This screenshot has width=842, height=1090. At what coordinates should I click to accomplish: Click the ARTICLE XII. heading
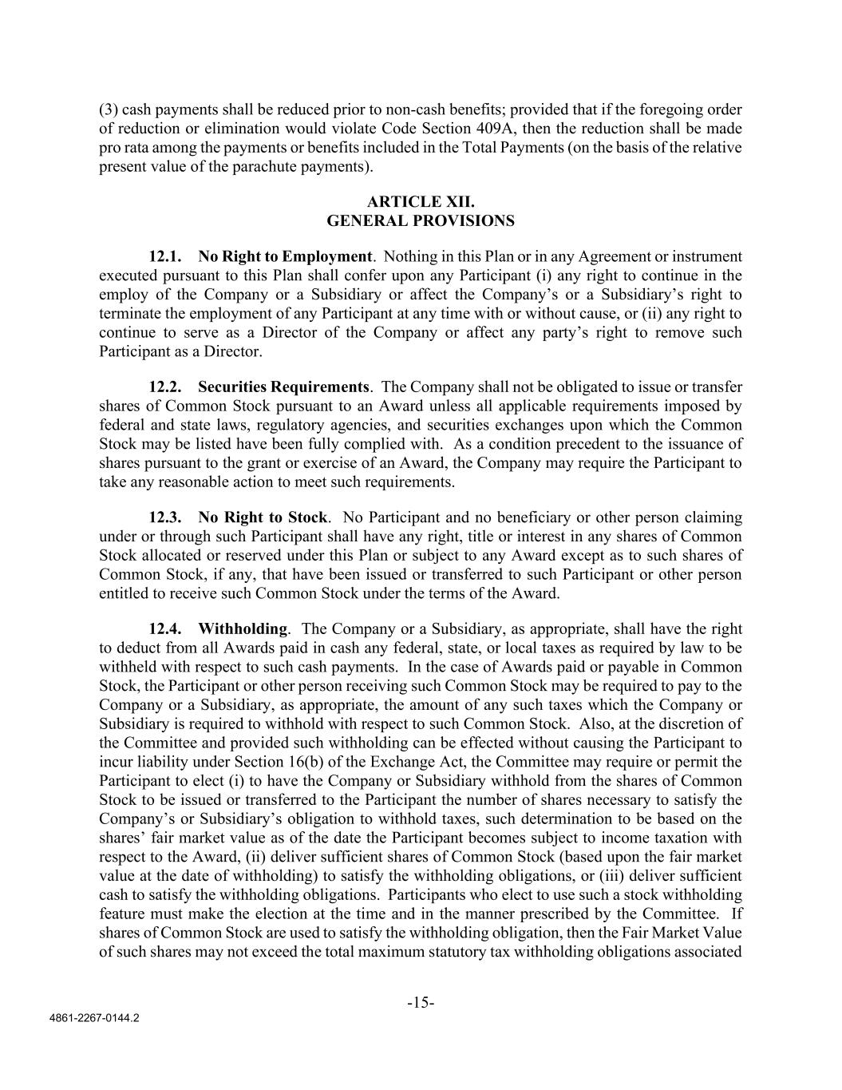tap(421, 202)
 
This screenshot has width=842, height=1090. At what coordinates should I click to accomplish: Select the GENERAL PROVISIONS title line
tap(421, 221)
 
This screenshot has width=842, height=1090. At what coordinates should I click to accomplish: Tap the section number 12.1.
tap(165, 257)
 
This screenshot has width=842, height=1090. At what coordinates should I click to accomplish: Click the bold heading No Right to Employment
tap(285, 257)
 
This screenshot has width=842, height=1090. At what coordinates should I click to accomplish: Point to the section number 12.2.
tap(165, 387)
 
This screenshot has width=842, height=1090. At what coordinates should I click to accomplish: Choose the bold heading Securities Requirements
tap(283, 387)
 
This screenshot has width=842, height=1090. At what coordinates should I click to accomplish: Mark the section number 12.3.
tap(165, 517)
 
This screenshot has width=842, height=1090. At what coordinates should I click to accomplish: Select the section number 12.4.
tap(165, 629)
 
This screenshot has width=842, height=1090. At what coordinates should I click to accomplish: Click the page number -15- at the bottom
tap(421, 1003)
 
